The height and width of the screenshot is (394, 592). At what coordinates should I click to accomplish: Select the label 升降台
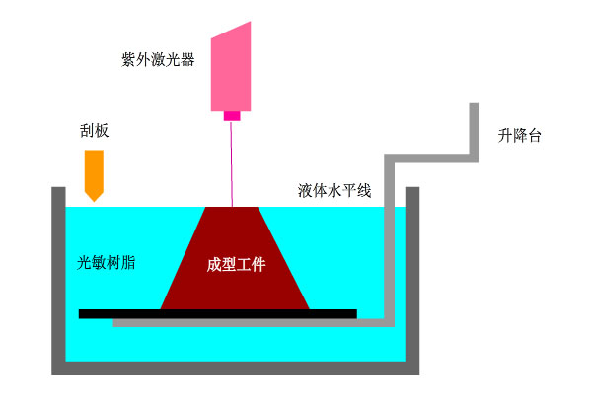pyautogui.click(x=520, y=136)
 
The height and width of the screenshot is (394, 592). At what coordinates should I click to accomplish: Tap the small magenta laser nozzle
pyautogui.click(x=233, y=116)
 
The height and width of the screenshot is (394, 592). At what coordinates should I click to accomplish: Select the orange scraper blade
pyautogui.click(x=95, y=169)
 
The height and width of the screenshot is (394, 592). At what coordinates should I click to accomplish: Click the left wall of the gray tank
pyautogui.click(x=58, y=276)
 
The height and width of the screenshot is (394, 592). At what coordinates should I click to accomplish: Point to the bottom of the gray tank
pyautogui.click(x=237, y=368)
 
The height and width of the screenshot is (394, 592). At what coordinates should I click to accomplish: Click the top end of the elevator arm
pyautogui.click(x=475, y=108)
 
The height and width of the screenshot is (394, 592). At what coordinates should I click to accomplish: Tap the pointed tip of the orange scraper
pyautogui.click(x=95, y=199)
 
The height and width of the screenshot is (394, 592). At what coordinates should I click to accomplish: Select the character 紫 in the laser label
pyautogui.click(x=143, y=59)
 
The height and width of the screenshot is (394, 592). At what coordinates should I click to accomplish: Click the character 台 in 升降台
pyautogui.click(x=535, y=136)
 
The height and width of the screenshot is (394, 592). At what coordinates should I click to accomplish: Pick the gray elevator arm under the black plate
pyautogui.click(x=247, y=322)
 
